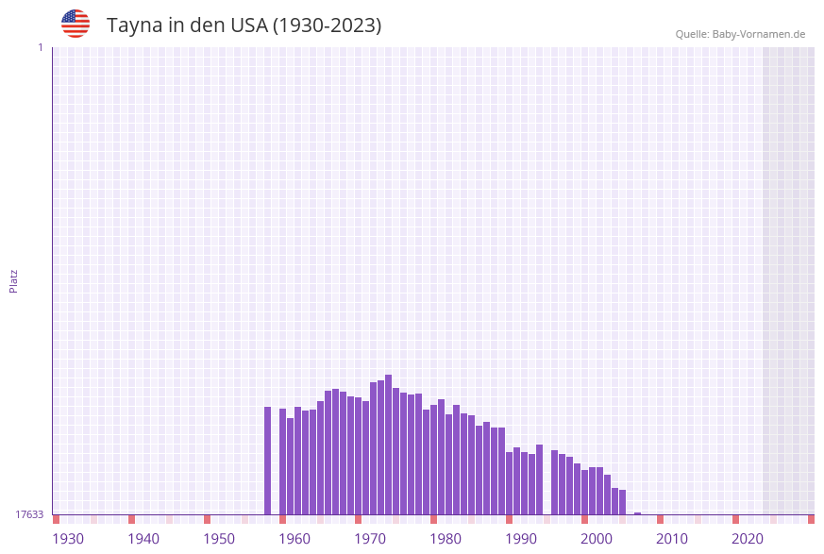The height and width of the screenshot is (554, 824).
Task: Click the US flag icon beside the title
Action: point(76,24)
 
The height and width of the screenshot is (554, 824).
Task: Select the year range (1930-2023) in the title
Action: point(327,25)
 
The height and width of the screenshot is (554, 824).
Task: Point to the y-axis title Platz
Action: point(13,281)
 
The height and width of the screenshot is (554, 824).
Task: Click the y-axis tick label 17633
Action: point(29,514)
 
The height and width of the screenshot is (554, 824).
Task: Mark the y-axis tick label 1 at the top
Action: point(40,47)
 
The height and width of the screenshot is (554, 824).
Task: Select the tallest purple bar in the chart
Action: point(388,444)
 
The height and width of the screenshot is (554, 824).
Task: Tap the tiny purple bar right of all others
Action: point(637,513)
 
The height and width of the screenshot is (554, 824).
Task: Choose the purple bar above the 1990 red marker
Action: point(509,482)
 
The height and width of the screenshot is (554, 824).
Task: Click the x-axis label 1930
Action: point(68,539)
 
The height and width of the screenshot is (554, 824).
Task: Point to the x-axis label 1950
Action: point(219,539)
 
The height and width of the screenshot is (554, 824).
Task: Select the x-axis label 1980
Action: point(446,539)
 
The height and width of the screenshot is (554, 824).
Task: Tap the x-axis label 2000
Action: point(597,539)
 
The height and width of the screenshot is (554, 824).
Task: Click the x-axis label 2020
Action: point(748,539)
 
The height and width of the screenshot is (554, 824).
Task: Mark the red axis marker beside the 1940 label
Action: point(131,519)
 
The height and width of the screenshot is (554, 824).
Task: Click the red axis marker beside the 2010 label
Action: point(660,519)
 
